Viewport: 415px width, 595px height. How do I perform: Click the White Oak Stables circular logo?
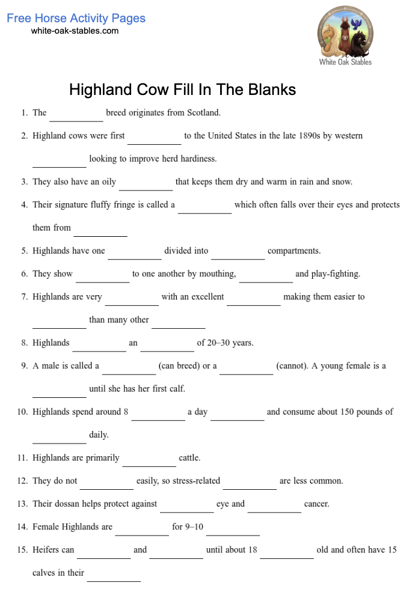345,32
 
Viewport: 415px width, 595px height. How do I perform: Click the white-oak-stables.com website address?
75,31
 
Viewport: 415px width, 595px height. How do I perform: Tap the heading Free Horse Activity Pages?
76,18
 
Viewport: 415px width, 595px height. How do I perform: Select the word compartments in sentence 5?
294,251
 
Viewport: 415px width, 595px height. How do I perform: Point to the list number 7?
25,297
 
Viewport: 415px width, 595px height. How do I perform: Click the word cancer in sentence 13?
317,504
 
